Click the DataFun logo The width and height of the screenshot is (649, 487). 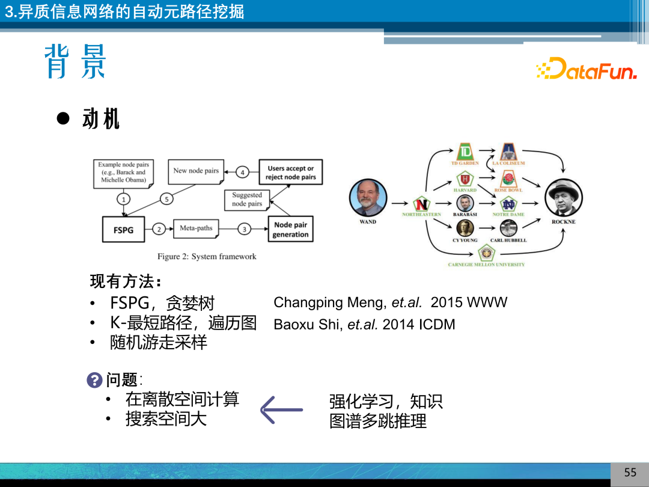tap(586, 69)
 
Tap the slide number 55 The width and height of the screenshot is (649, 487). tap(630, 473)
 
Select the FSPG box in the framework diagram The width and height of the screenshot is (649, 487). tap(123, 229)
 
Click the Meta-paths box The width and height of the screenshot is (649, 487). tap(196, 228)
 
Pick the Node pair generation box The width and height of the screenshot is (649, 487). tap(290, 229)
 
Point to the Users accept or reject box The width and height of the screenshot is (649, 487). tap(291, 173)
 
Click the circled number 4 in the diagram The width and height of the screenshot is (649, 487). tap(243, 173)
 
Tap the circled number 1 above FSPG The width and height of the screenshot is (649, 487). tap(123, 199)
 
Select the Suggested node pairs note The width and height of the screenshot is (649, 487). tap(247, 200)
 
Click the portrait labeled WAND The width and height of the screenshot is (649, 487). tap(368, 198)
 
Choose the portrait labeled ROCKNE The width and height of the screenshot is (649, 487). tap(563, 198)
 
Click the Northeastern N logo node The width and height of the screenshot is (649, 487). tap(421, 204)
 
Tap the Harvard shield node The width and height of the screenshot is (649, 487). tap(465, 179)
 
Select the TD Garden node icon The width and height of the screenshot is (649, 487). tap(465, 152)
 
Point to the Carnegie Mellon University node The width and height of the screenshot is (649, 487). tap(486, 253)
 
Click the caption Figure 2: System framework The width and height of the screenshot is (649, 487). tap(207, 257)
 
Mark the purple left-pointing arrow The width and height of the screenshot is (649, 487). tap(281, 410)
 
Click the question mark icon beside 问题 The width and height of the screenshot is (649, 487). tap(94, 380)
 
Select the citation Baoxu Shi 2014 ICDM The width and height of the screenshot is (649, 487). tap(364, 325)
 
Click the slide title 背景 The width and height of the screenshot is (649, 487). tap(75, 62)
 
